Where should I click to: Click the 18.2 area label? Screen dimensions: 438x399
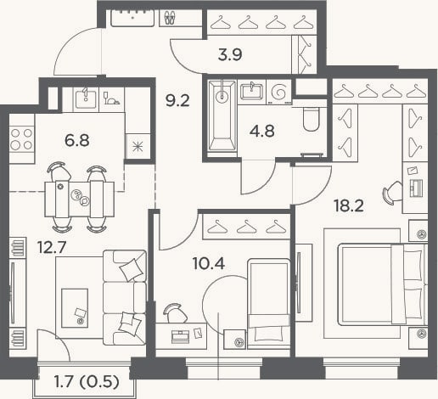(x=348, y=205)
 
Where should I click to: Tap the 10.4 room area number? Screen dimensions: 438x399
(x=209, y=264)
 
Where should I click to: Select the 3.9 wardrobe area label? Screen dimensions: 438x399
(x=230, y=54)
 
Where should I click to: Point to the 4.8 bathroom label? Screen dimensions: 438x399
(x=262, y=131)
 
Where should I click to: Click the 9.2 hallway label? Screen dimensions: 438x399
(x=177, y=100)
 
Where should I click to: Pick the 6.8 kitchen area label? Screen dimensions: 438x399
(x=77, y=140)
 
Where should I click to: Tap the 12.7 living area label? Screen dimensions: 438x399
(x=52, y=247)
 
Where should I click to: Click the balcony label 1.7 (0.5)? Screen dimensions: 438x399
(x=87, y=382)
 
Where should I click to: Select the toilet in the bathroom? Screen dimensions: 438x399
(x=311, y=120)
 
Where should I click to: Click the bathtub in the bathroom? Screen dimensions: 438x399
(x=222, y=115)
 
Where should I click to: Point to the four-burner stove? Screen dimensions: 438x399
(x=21, y=139)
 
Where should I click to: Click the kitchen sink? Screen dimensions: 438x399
(x=86, y=97)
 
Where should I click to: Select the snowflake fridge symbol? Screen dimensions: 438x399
(x=138, y=147)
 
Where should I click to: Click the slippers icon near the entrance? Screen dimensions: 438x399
(x=170, y=17)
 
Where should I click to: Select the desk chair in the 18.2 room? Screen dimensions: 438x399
(x=392, y=193)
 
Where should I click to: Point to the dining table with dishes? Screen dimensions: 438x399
(x=80, y=199)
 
